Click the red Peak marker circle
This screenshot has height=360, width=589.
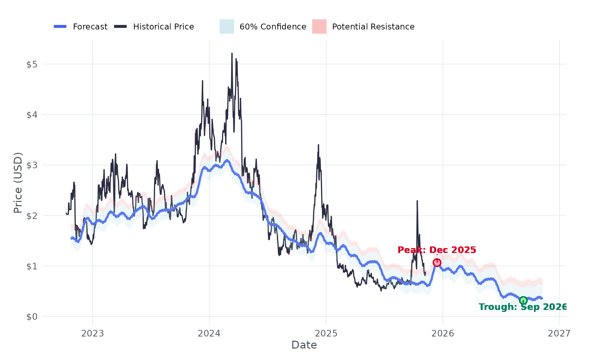tap(437, 262)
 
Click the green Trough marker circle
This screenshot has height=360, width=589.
tap(523, 300)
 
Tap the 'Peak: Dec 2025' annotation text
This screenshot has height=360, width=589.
tap(437, 250)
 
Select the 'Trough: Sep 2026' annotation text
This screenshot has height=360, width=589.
tap(522, 307)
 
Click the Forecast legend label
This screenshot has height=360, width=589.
tap(90, 27)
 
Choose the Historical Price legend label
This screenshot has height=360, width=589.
tap(163, 27)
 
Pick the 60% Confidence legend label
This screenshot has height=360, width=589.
tap(273, 27)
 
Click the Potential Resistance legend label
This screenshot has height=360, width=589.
tap(373, 27)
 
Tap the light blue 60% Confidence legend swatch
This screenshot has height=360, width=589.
tap(227, 27)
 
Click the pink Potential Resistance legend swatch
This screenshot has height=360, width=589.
tap(319, 27)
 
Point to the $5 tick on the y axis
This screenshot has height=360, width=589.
tap(32, 64)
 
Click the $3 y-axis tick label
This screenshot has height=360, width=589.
tap(32, 165)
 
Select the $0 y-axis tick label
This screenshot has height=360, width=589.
tap(32, 317)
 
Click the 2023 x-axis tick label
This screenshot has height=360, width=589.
tap(93, 333)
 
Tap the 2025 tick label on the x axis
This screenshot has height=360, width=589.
tap(326, 333)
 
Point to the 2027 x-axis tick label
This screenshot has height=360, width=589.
tap(559, 333)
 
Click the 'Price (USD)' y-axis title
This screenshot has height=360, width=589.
tap(18, 183)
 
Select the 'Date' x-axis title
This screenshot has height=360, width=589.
tap(304, 345)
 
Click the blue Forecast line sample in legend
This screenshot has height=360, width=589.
tap(60, 27)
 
